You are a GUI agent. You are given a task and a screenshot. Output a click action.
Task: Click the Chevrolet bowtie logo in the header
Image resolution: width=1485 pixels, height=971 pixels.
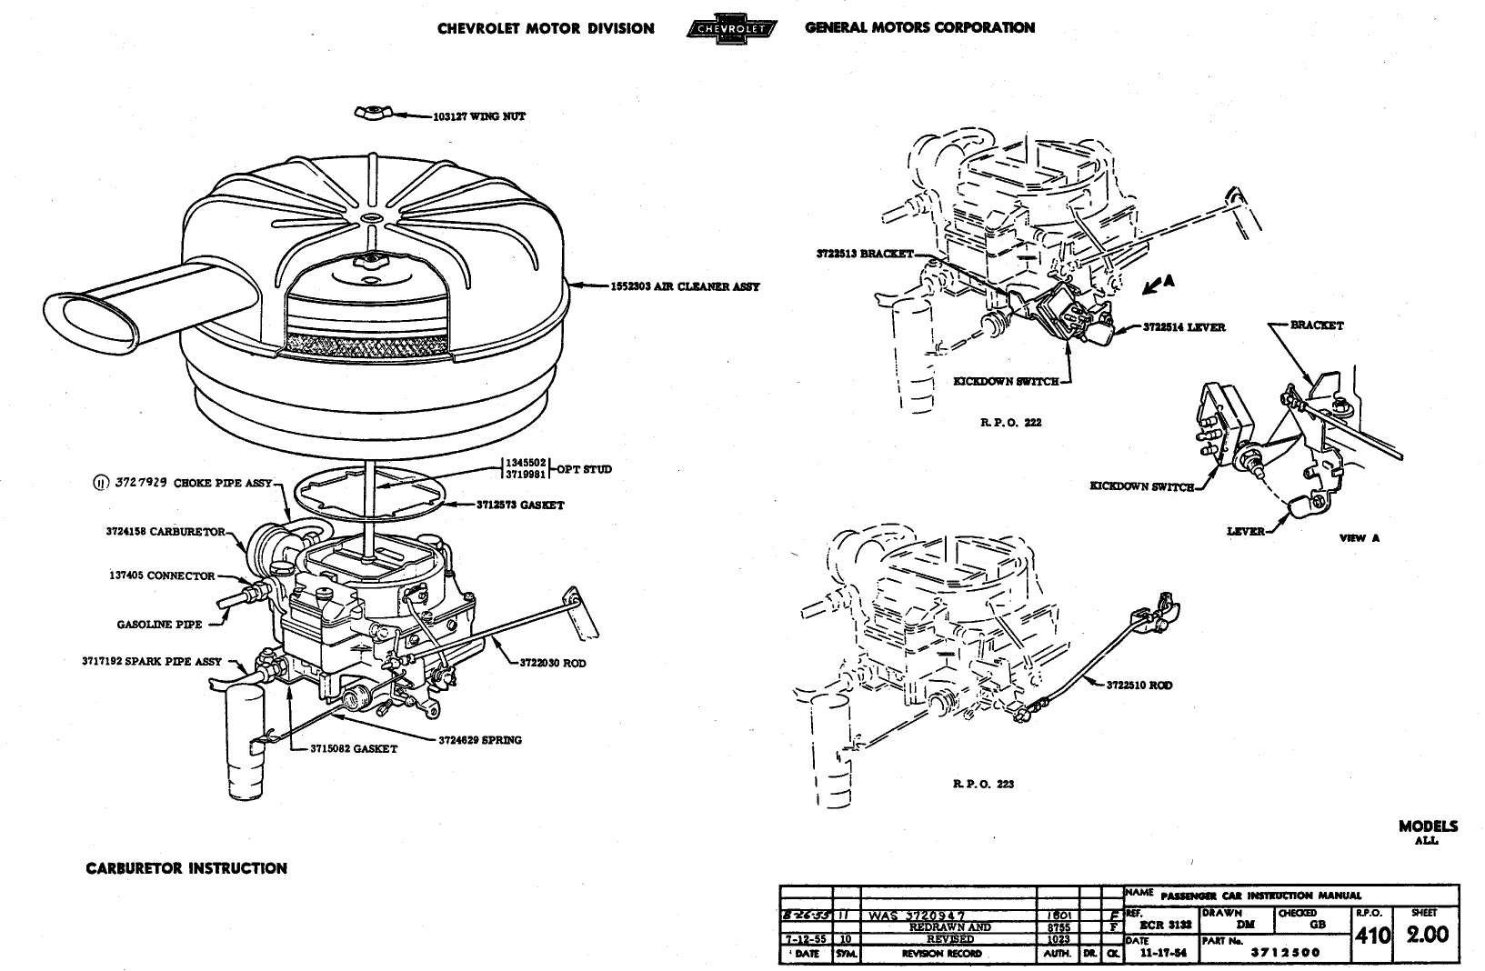pos(730,28)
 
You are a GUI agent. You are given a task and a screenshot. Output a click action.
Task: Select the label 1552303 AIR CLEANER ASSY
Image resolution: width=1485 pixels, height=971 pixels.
pos(686,287)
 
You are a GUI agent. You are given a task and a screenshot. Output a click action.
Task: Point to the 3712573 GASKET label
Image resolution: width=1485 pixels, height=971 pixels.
pos(519,505)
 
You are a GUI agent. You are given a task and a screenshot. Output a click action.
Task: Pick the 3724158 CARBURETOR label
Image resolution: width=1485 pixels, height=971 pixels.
pos(165,532)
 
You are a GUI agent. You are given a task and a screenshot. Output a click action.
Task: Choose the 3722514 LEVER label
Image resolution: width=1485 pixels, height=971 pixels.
pos(1184,327)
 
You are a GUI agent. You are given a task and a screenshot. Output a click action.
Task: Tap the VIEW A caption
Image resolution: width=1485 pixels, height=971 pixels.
pos(1359,537)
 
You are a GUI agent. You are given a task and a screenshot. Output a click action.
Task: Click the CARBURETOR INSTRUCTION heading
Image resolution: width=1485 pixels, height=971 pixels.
pos(186,868)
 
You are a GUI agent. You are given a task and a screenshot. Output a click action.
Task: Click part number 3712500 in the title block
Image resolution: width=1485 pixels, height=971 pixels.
pos(1285,953)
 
